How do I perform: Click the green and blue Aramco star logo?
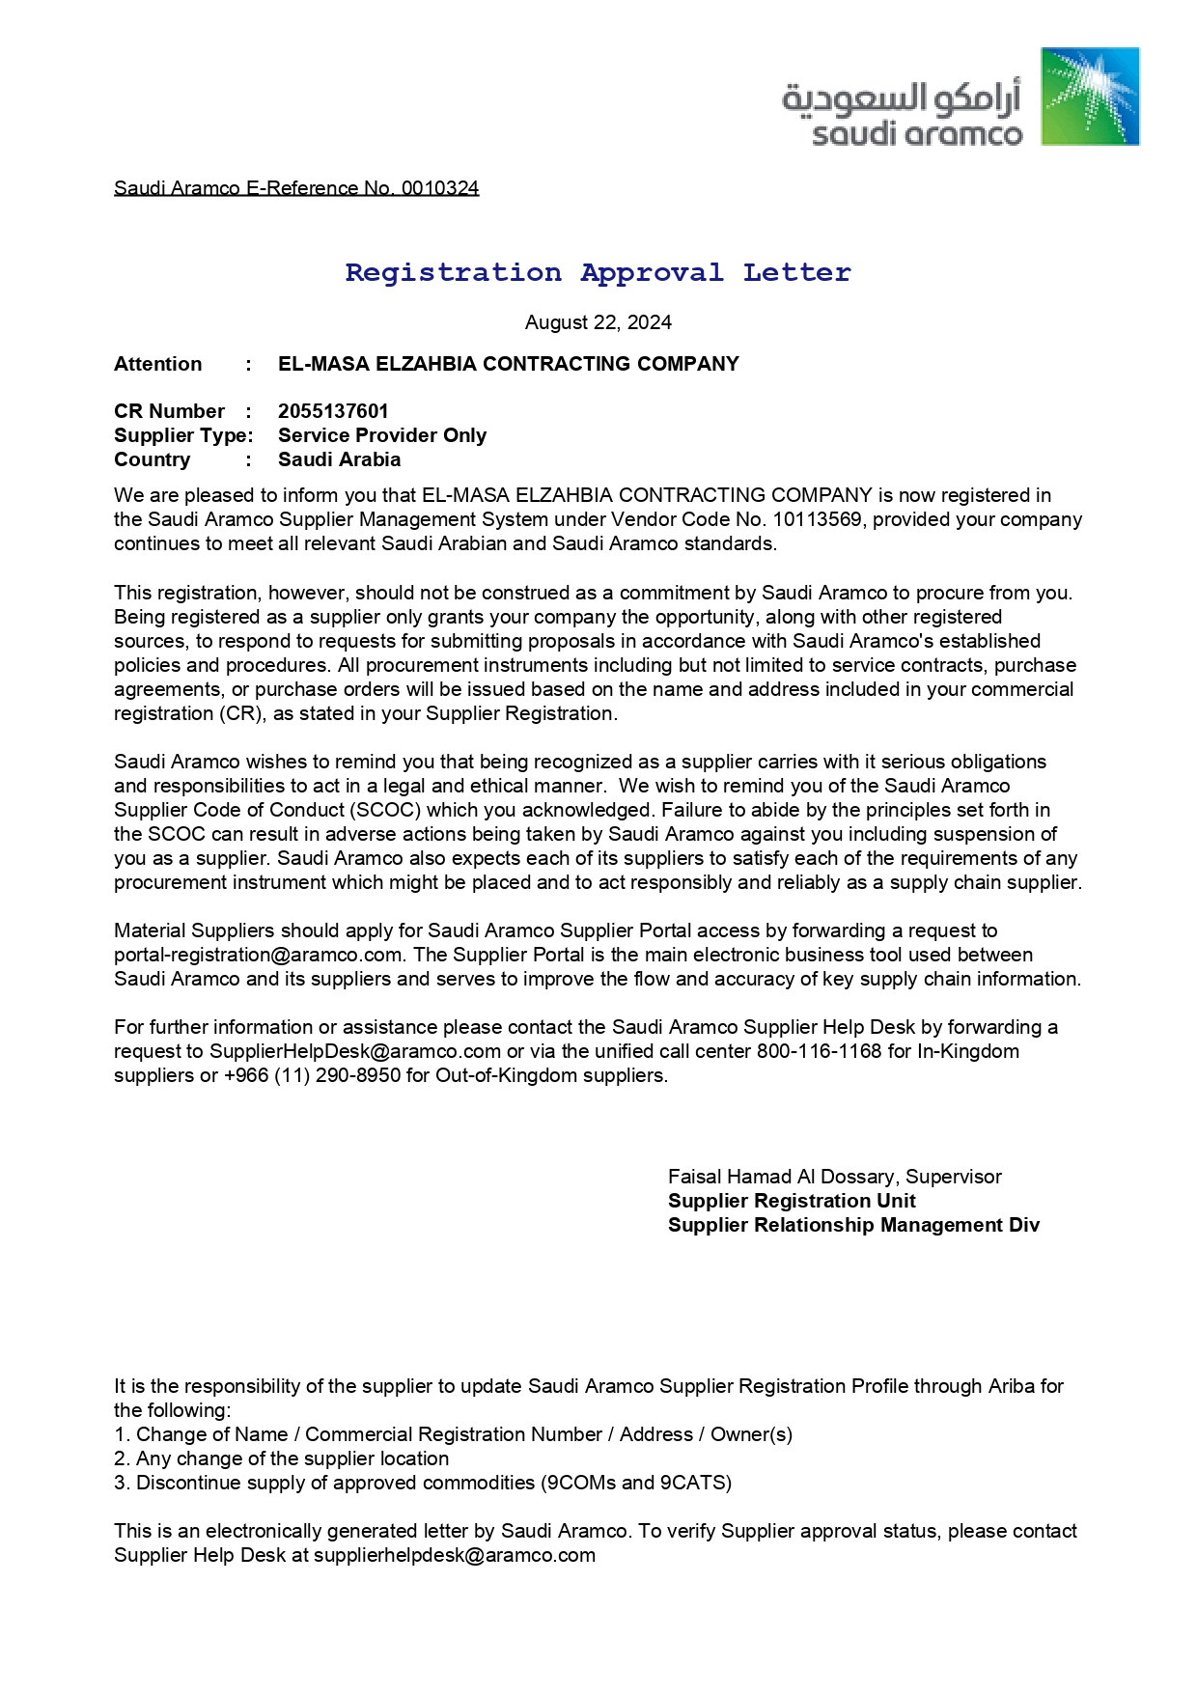(1090, 97)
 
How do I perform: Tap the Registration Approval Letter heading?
(598, 273)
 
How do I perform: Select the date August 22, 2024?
(598, 322)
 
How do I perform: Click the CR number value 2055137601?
(333, 411)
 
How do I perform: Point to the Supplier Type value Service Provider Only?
(382, 435)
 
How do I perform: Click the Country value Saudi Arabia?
(339, 459)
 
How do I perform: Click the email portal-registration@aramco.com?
(258, 955)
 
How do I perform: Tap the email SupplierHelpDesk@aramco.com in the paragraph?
(355, 1051)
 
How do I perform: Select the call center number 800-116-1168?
(819, 1051)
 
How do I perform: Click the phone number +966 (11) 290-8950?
(312, 1075)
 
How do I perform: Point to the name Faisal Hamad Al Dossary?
(783, 1177)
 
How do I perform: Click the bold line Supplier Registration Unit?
(792, 1201)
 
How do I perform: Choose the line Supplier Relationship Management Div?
(853, 1225)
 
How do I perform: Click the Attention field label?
(158, 364)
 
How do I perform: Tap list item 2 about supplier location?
(282, 1458)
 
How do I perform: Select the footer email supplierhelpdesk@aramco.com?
(454, 1555)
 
